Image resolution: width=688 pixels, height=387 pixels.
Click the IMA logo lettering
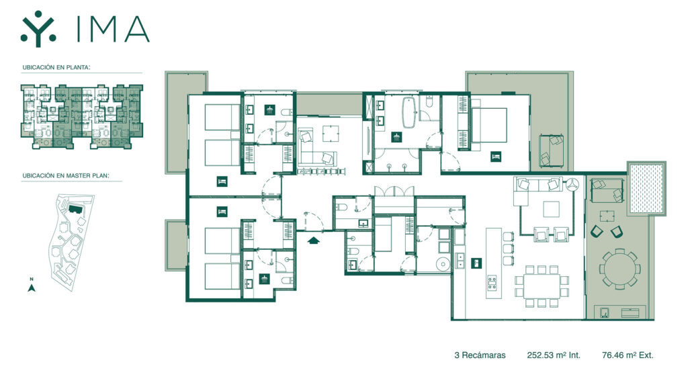coord(113,30)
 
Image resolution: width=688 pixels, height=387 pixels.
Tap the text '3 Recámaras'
coord(480,355)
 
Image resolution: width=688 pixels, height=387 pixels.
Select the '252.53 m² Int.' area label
coord(554,355)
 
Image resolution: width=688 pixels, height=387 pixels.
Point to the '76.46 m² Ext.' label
coord(628,355)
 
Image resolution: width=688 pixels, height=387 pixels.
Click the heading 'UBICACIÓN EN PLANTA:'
coord(56,68)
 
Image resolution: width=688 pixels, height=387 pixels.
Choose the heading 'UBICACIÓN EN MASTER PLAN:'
coord(66,175)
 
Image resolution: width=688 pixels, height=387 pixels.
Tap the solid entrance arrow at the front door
coord(313,240)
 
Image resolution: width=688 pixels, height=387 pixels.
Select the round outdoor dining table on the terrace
coord(619,269)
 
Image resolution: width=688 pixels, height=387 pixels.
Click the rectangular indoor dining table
coord(542,285)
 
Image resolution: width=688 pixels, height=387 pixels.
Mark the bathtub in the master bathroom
coord(409,112)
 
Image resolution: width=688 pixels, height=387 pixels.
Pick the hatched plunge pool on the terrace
coord(646,188)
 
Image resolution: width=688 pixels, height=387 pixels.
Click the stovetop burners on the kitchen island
coord(492,283)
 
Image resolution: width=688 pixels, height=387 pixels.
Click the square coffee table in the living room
coord(551,210)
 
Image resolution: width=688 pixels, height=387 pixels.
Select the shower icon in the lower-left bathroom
coord(264,279)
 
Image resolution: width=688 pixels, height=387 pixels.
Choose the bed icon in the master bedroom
coord(496,157)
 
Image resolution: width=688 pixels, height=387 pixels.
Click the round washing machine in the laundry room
coord(443,264)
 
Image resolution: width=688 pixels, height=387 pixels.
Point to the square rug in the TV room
coord(331,134)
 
